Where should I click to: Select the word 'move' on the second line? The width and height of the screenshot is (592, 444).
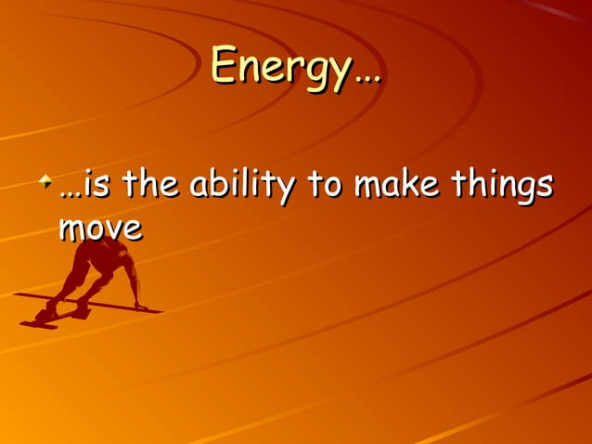coord(100,228)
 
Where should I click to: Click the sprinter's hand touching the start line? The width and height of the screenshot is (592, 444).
coord(140,306)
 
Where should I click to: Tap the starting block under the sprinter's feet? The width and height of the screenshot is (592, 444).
coord(47,318)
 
